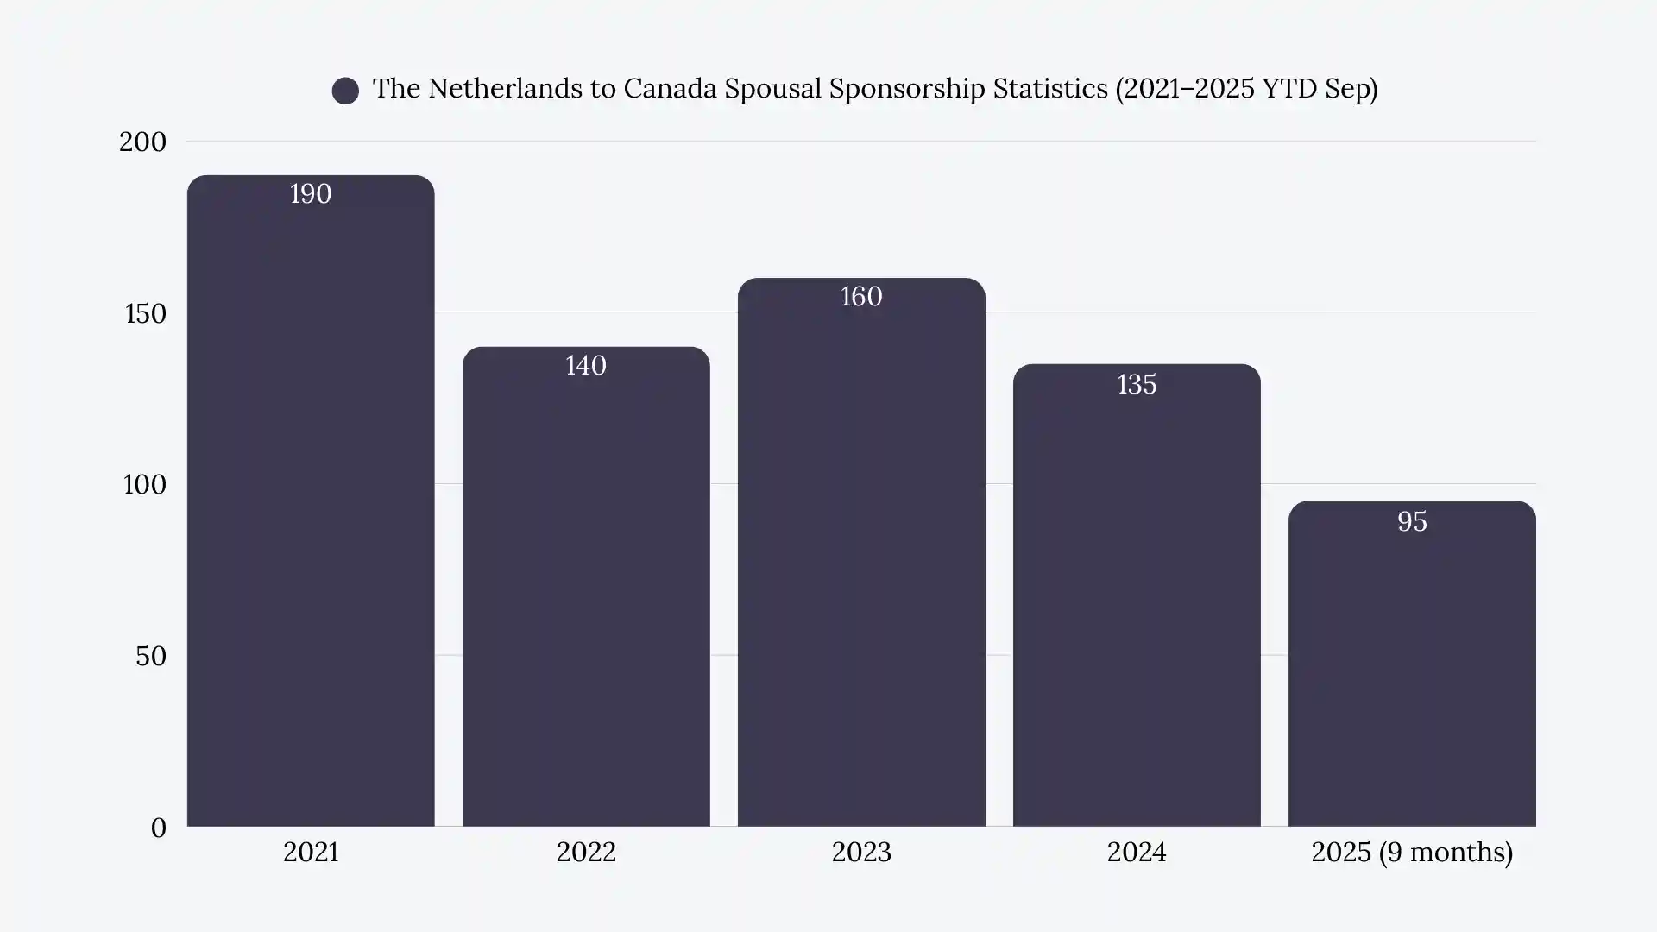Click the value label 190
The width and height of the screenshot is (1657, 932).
point(311,194)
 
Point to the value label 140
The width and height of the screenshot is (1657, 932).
point(586,366)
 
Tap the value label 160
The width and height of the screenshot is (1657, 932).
point(861,297)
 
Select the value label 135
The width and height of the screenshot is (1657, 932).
point(1137,385)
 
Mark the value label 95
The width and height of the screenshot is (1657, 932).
point(1412,522)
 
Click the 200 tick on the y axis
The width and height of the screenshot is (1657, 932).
point(142,142)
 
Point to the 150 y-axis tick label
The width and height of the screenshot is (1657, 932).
point(145,313)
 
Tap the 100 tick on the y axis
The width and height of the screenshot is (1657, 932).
point(144,484)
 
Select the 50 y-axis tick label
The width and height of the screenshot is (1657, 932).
point(150,656)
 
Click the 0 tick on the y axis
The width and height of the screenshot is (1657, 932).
point(158,828)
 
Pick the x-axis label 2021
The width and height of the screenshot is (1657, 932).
point(311,853)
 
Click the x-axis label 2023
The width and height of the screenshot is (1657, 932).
point(861,853)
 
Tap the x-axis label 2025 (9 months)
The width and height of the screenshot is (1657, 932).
point(1412,853)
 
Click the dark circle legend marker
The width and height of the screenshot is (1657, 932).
point(345,91)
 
